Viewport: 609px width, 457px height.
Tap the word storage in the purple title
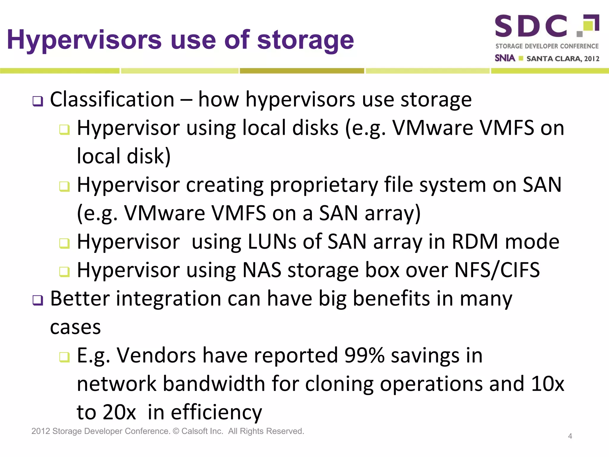(305, 40)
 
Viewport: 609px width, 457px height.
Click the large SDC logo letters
(531, 26)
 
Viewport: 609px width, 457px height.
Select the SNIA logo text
(505, 58)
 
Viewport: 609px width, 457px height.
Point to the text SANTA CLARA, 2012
(563, 59)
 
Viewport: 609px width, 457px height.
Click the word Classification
(112, 99)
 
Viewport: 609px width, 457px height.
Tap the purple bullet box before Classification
(38, 101)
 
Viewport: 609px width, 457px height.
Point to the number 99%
(364, 355)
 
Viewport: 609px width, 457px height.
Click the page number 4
(570, 436)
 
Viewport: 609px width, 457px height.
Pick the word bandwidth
(214, 384)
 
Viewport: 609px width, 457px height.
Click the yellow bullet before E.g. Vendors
(64, 357)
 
